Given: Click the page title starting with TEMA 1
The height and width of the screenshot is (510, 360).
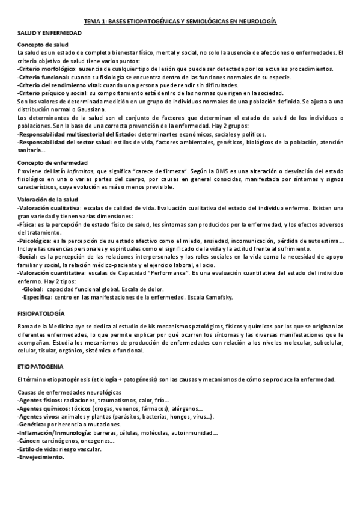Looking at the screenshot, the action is click(180, 20).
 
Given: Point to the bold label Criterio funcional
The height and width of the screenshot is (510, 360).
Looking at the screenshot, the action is click(43, 77).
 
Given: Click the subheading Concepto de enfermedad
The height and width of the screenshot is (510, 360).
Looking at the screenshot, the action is click(53, 163).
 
